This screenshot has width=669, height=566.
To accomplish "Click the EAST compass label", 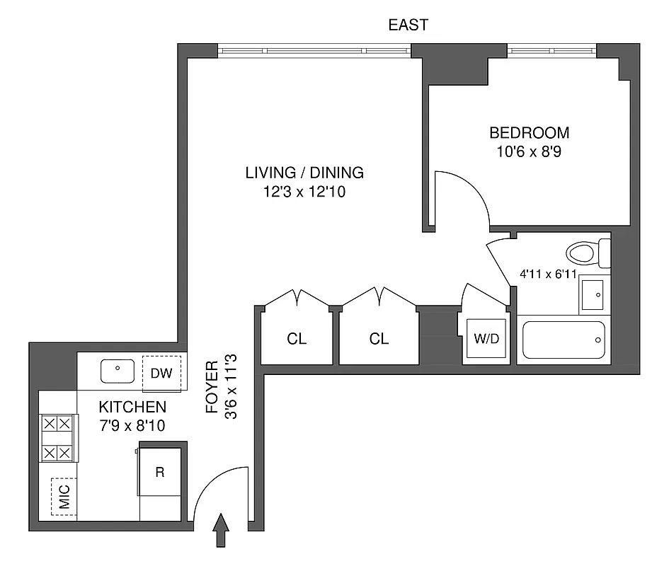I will tap(408, 25).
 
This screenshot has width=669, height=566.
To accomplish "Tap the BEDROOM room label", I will tap(530, 132).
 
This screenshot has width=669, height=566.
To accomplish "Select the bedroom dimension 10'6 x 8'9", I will tap(530, 151).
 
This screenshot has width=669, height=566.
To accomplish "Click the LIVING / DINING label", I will tap(304, 172).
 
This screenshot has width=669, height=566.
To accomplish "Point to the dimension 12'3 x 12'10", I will tap(304, 192).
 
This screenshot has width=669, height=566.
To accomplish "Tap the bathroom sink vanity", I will tap(593, 294).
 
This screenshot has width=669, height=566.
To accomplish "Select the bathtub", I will tap(564, 340).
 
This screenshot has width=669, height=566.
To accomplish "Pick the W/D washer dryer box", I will tap(486, 338).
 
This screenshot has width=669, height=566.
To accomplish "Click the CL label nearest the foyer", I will tap(297, 339).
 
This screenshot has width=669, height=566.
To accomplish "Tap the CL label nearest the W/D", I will tap(379, 339).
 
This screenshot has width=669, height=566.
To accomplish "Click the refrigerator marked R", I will tap(160, 472).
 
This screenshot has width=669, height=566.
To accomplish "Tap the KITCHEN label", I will tap(132, 408).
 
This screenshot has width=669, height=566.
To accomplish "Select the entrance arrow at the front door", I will tap(221, 530).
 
